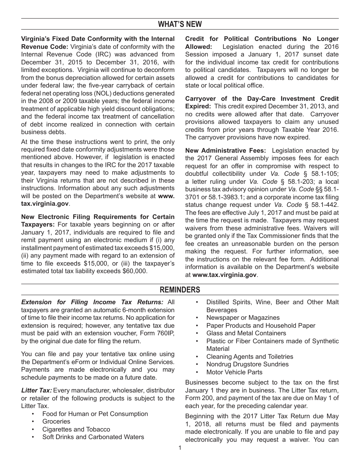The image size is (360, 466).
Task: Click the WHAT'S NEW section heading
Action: [180, 25]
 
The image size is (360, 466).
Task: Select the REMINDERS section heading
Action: [180, 290]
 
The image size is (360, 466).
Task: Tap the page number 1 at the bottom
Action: [180, 448]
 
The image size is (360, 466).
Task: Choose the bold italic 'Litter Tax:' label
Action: [36, 391]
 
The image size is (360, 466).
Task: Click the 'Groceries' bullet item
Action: [56, 422]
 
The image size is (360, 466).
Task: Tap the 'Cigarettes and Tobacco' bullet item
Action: [76, 429]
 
